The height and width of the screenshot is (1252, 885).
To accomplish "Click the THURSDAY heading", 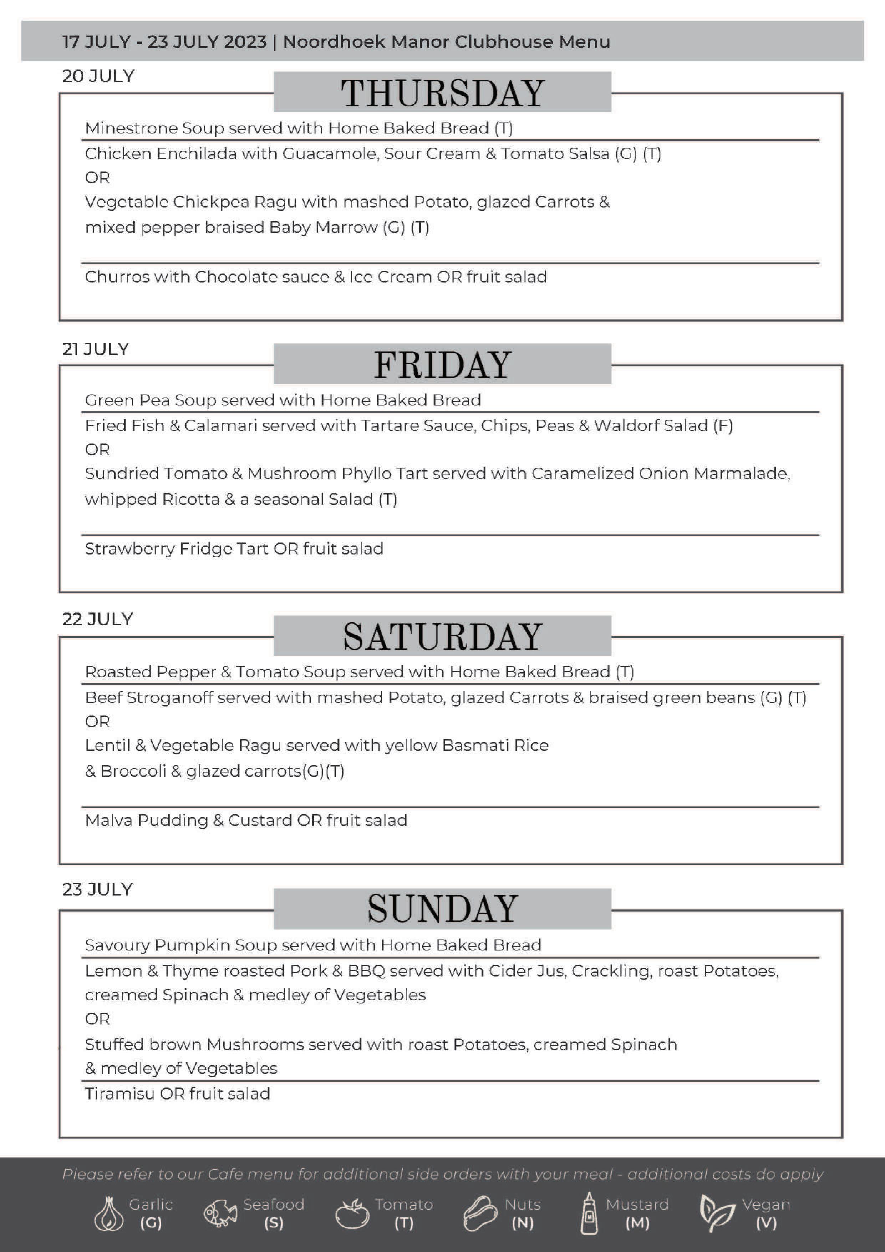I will pyautogui.click(x=442, y=93).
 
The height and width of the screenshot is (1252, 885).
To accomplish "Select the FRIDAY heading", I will pyautogui.click(x=442, y=364).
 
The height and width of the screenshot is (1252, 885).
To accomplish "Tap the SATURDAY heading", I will pyautogui.click(x=442, y=636).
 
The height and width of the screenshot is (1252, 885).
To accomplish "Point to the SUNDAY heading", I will pyautogui.click(x=442, y=908).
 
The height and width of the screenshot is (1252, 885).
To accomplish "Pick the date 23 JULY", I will pyautogui.click(x=97, y=889).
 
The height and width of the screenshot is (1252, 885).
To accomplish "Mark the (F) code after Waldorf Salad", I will pyautogui.click(x=723, y=426).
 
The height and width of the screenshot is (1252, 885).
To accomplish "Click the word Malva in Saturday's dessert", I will pyautogui.click(x=108, y=821).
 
